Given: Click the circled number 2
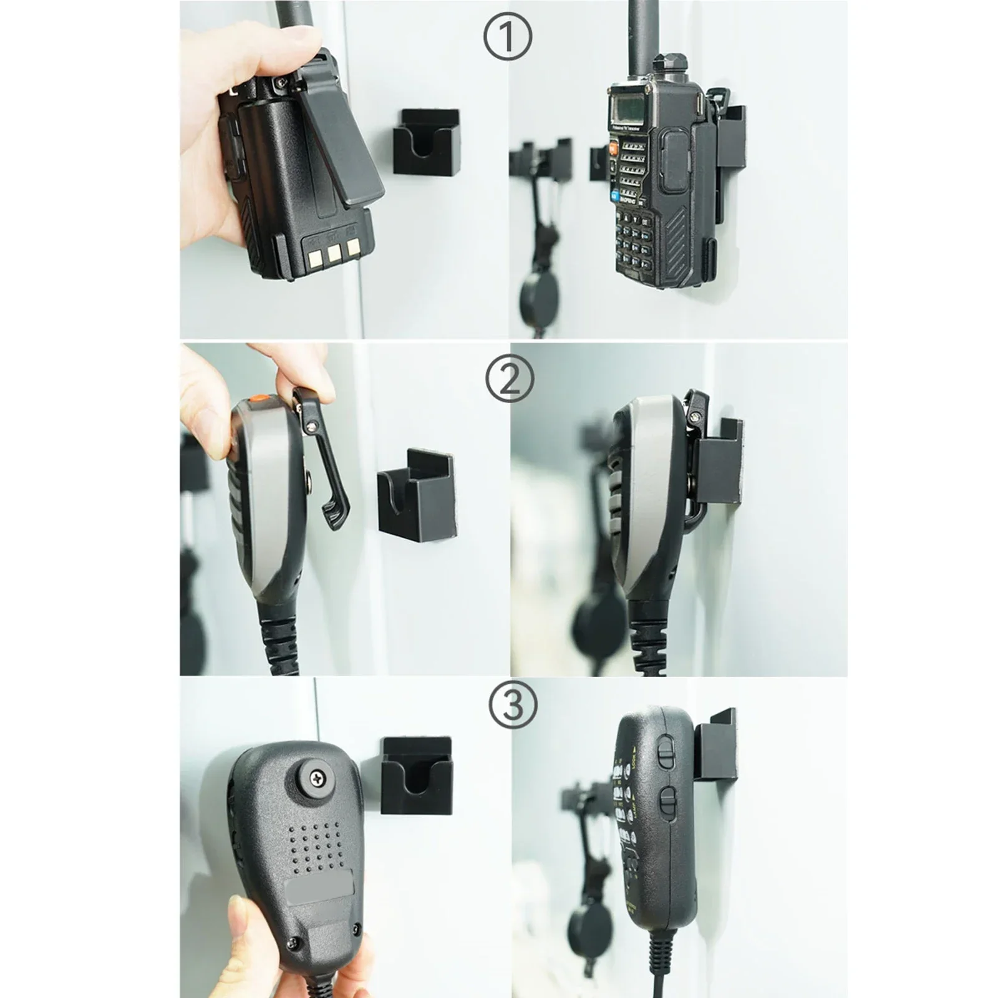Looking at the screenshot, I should [508, 379].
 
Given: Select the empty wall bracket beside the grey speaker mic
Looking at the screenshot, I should [417, 493].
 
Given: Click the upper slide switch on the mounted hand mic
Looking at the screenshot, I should [666, 753].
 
